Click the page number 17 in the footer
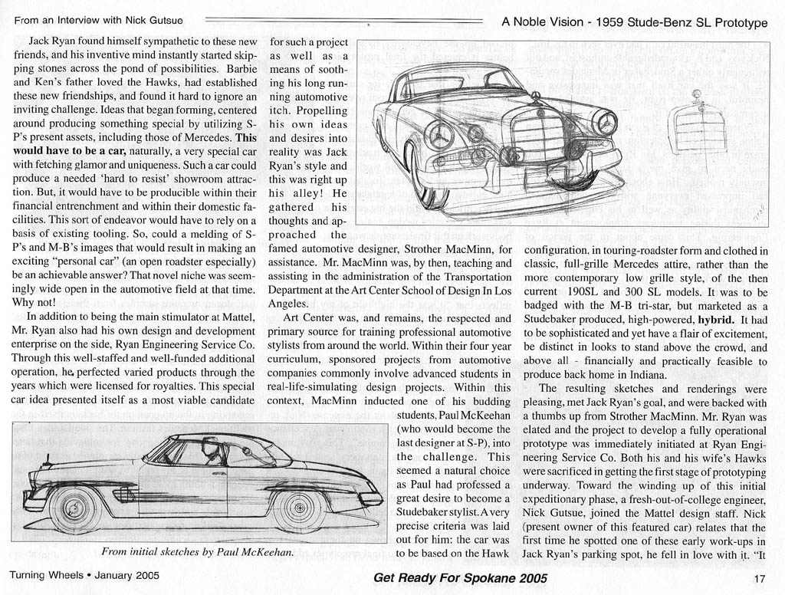pos(760,578)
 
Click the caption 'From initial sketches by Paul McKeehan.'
pos(196,551)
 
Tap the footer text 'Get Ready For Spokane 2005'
pos(461,579)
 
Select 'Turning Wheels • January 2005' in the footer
pos(84,577)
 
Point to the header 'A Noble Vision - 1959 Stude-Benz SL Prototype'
pos(634,22)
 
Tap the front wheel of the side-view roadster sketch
pos(74,506)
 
